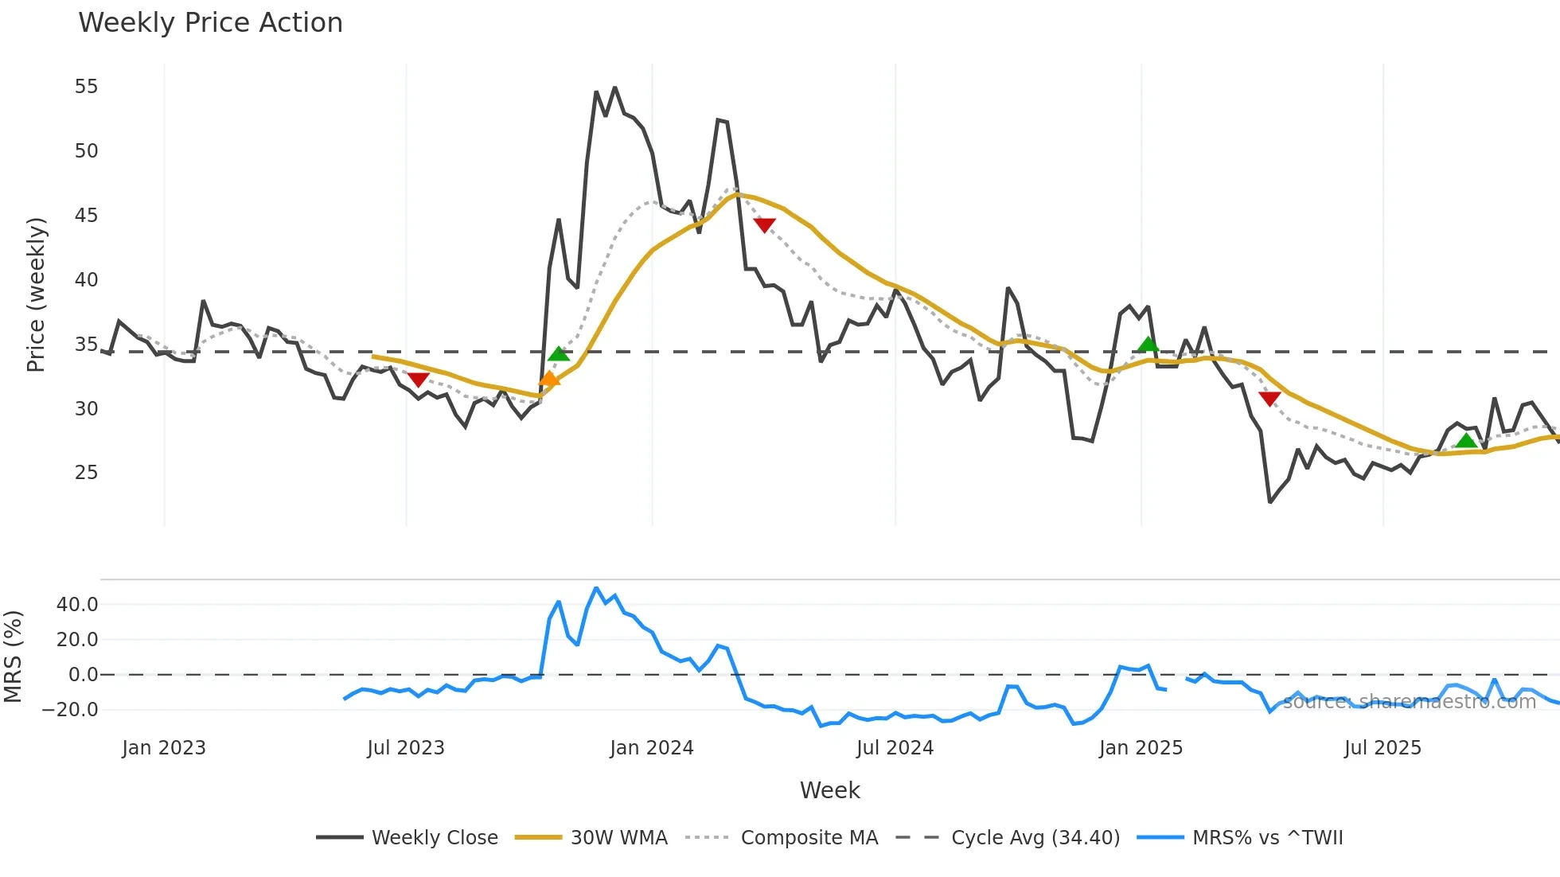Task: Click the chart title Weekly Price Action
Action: pyautogui.click(x=210, y=22)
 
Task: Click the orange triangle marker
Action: pyautogui.click(x=549, y=379)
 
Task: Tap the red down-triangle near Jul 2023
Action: pyautogui.click(x=418, y=380)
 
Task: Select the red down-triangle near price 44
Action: pyautogui.click(x=764, y=225)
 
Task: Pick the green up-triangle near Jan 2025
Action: pyautogui.click(x=1148, y=344)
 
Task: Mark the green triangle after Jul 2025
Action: pyautogui.click(x=1465, y=441)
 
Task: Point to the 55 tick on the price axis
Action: pyautogui.click(x=86, y=86)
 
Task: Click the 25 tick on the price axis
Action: pyautogui.click(x=86, y=473)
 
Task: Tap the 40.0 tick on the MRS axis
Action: pyautogui.click(x=77, y=604)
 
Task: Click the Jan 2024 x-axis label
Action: pyautogui.click(x=651, y=748)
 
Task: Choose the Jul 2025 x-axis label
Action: pyautogui.click(x=1383, y=748)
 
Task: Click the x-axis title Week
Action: pyautogui.click(x=829, y=790)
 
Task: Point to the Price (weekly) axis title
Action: pyautogui.click(x=36, y=294)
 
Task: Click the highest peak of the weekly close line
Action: pyautogui.click(x=614, y=88)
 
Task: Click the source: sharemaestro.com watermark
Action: pyautogui.click(x=1409, y=702)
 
